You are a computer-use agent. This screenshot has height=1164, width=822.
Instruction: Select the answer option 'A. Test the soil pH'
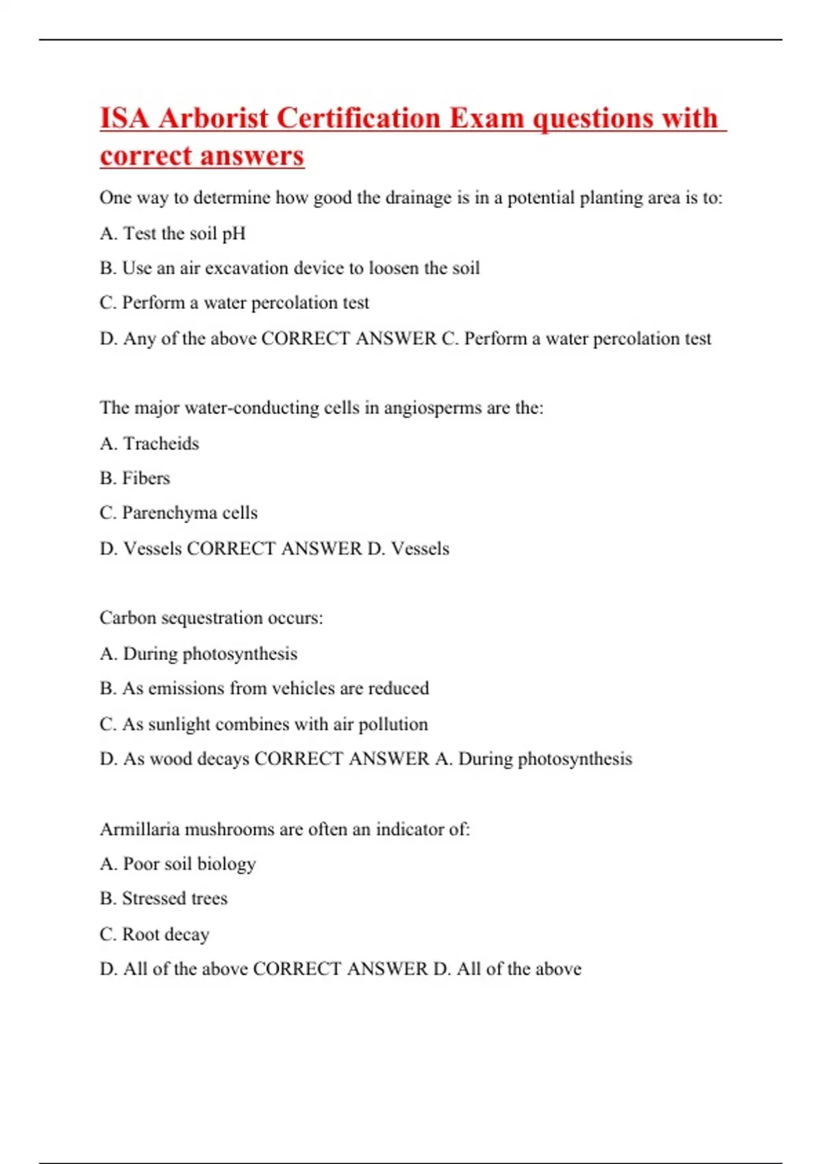pyautogui.click(x=173, y=233)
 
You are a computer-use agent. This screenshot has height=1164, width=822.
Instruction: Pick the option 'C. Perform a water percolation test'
pyautogui.click(x=234, y=303)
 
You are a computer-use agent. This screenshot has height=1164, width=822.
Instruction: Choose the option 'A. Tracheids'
pyautogui.click(x=149, y=444)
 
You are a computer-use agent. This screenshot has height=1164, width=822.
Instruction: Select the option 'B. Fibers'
pyautogui.click(x=135, y=478)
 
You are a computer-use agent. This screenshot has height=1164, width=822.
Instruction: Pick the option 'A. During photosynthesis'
pyautogui.click(x=199, y=654)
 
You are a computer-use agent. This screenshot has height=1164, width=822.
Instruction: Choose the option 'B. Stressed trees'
pyautogui.click(x=163, y=898)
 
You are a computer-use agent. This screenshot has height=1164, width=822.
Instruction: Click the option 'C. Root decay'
pyautogui.click(x=154, y=934)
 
